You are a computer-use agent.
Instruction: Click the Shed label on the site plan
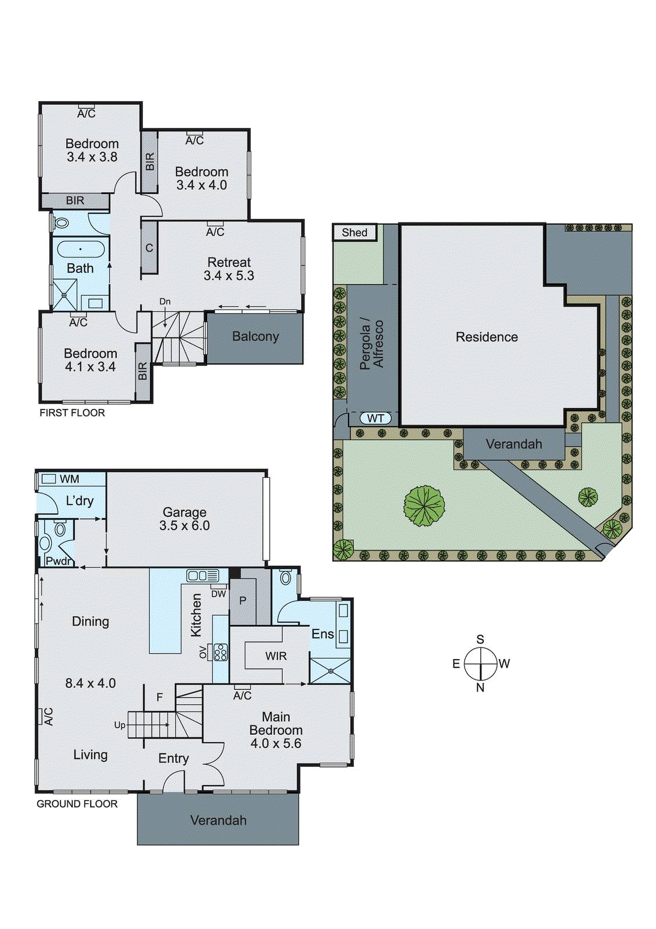point(354,233)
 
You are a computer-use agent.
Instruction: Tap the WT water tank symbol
point(375,418)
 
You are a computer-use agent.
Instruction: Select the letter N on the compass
point(480,688)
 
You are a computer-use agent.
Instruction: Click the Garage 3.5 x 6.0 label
point(184,519)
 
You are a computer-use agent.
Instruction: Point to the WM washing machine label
point(69,479)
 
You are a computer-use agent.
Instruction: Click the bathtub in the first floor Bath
point(81,250)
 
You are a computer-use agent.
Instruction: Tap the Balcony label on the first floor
point(255,337)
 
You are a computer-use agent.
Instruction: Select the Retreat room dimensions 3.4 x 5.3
point(229,276)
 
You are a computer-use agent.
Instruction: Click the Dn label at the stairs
point(165,301)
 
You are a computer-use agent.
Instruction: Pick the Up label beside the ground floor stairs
point(119,725)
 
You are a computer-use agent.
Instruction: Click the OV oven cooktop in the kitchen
point(220,652)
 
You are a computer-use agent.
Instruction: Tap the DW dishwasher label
point(218,594)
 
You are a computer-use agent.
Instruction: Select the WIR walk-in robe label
point(276,656)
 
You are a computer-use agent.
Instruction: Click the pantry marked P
point(243,601)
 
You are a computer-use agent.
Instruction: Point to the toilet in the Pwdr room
point(60,529)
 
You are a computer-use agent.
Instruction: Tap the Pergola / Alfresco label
point(371,344)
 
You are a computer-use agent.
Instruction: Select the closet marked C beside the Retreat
point(149,248)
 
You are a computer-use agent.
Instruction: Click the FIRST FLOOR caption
point(72,413)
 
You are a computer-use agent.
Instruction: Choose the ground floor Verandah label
point(218,820)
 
